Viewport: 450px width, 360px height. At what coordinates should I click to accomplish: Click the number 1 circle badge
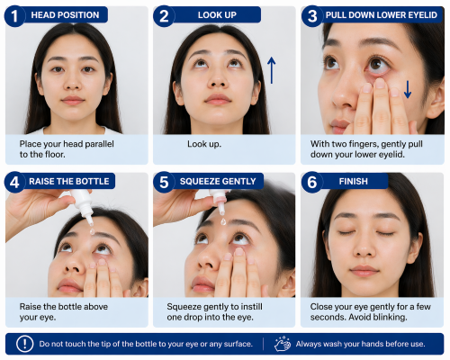[x=14, y=16]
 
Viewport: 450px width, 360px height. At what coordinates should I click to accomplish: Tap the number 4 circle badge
[x=14, y=182]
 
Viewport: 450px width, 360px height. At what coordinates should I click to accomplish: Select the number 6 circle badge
[x=311, y=182]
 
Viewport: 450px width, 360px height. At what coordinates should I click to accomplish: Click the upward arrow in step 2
[x=271, y=70]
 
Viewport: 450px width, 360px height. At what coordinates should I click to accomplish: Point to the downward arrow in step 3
[x=408, y=89]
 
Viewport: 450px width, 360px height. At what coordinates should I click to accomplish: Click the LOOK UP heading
[x=217, y=15]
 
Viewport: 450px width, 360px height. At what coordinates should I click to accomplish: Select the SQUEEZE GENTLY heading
[x=218, y=181]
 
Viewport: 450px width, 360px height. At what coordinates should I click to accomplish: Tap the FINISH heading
[x=353, y=181]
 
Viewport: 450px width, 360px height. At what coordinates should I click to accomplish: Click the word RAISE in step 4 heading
[x=40, y=181]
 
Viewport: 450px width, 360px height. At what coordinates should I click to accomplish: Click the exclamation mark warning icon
[x=24, y=344]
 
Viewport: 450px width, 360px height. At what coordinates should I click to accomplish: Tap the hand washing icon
[x=283, y=344]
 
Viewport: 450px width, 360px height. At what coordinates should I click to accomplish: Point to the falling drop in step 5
[x=223, y=221]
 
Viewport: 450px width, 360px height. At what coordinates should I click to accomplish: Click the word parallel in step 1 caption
[x=99, y=144]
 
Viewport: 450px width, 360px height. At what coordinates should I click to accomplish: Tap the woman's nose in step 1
[x=72, y=80]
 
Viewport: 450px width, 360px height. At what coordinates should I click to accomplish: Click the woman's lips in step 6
[x=364, y=271]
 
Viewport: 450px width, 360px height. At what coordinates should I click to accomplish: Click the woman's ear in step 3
[x=436, y=98]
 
